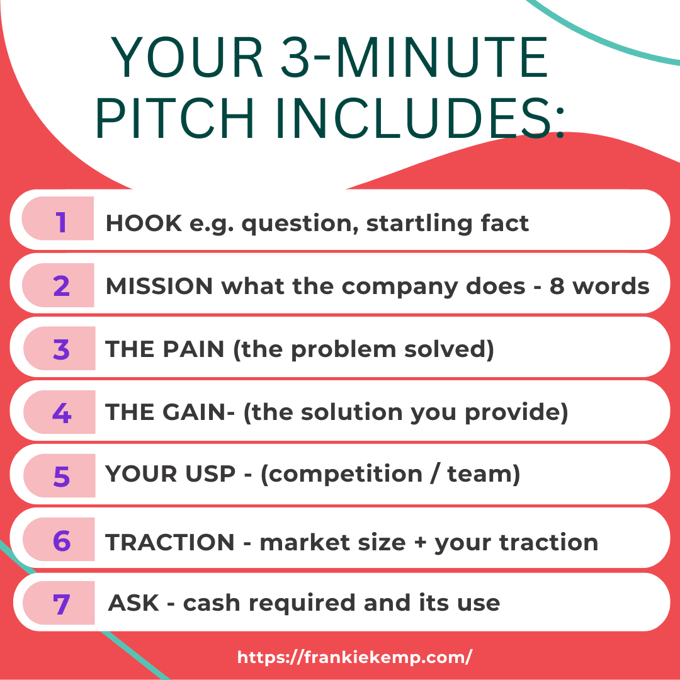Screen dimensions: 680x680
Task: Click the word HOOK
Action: coord(144,224)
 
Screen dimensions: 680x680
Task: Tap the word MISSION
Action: coord(159,286)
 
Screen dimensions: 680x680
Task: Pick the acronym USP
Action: coord(210,473)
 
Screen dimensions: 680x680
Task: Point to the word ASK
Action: coord(133,603)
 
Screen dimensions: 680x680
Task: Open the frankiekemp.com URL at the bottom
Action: coord(354,657)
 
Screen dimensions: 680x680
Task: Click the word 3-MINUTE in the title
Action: coord(414,58)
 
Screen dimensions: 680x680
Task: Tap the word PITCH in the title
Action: coord(174,118)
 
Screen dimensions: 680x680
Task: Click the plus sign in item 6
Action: coord(420,543)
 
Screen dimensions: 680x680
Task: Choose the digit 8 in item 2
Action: coord(557,286)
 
